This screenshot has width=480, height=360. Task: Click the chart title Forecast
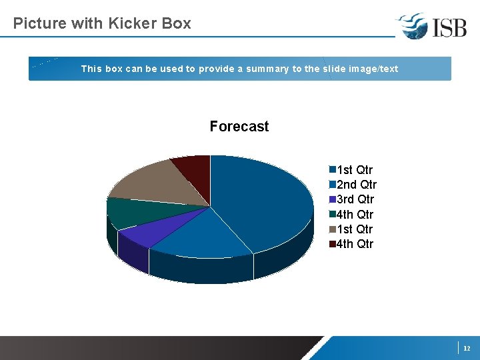(x=239, y=127)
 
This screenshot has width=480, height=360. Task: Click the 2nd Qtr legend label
(x=357, y=185)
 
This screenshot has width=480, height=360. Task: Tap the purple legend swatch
(x=332, y=199)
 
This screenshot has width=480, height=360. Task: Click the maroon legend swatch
(x=332, y=243)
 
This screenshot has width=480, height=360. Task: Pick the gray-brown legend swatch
(x=332, y=229)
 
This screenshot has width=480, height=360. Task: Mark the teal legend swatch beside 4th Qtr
(x=332, y=214)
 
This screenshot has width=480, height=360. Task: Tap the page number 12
(x=467, y=348)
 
